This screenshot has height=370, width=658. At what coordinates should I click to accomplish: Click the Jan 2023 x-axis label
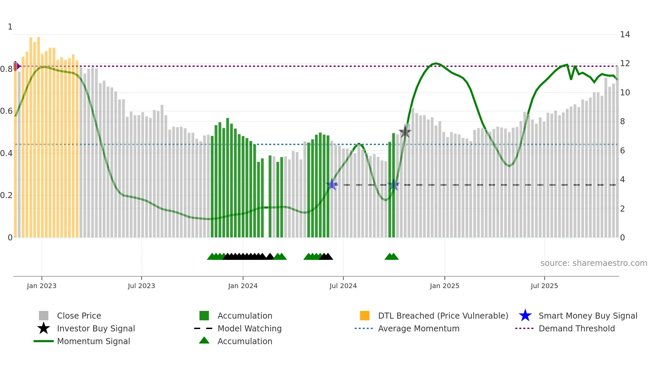tap(42, 286)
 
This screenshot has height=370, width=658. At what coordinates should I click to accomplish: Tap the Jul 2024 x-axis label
tap(343, 286)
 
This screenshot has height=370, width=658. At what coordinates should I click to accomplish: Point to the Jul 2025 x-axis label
tap(544, 286)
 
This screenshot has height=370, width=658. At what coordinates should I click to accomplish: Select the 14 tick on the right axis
tap(625, 34)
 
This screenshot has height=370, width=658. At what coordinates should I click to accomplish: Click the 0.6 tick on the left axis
tap(6, 111)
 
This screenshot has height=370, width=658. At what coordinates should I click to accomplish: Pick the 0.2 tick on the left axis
tap(6, 195)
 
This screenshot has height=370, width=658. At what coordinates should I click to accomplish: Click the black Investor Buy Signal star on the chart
tap(405, 132)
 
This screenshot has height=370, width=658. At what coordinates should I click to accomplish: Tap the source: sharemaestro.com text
tap(594, 263)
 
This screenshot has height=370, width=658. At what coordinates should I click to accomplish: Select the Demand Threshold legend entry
tap(576, 328)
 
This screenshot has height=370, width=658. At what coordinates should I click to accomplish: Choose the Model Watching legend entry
tap(249, 328)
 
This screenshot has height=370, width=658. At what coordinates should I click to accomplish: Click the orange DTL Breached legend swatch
tap(365, 316)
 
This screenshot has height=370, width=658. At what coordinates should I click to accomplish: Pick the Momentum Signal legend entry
tap(93, 341)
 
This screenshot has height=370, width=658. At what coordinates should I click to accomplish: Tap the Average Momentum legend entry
tap(418, 328)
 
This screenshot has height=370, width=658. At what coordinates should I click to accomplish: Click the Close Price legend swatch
tap(44, 316)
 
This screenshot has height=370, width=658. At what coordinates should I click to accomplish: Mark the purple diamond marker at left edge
tap(16, 66)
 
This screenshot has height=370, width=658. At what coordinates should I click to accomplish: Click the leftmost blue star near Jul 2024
tap(332, 184)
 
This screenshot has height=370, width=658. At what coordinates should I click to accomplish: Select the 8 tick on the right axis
tap(622, 121)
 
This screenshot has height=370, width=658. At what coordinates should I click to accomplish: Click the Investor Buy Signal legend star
tap(44, 328)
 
